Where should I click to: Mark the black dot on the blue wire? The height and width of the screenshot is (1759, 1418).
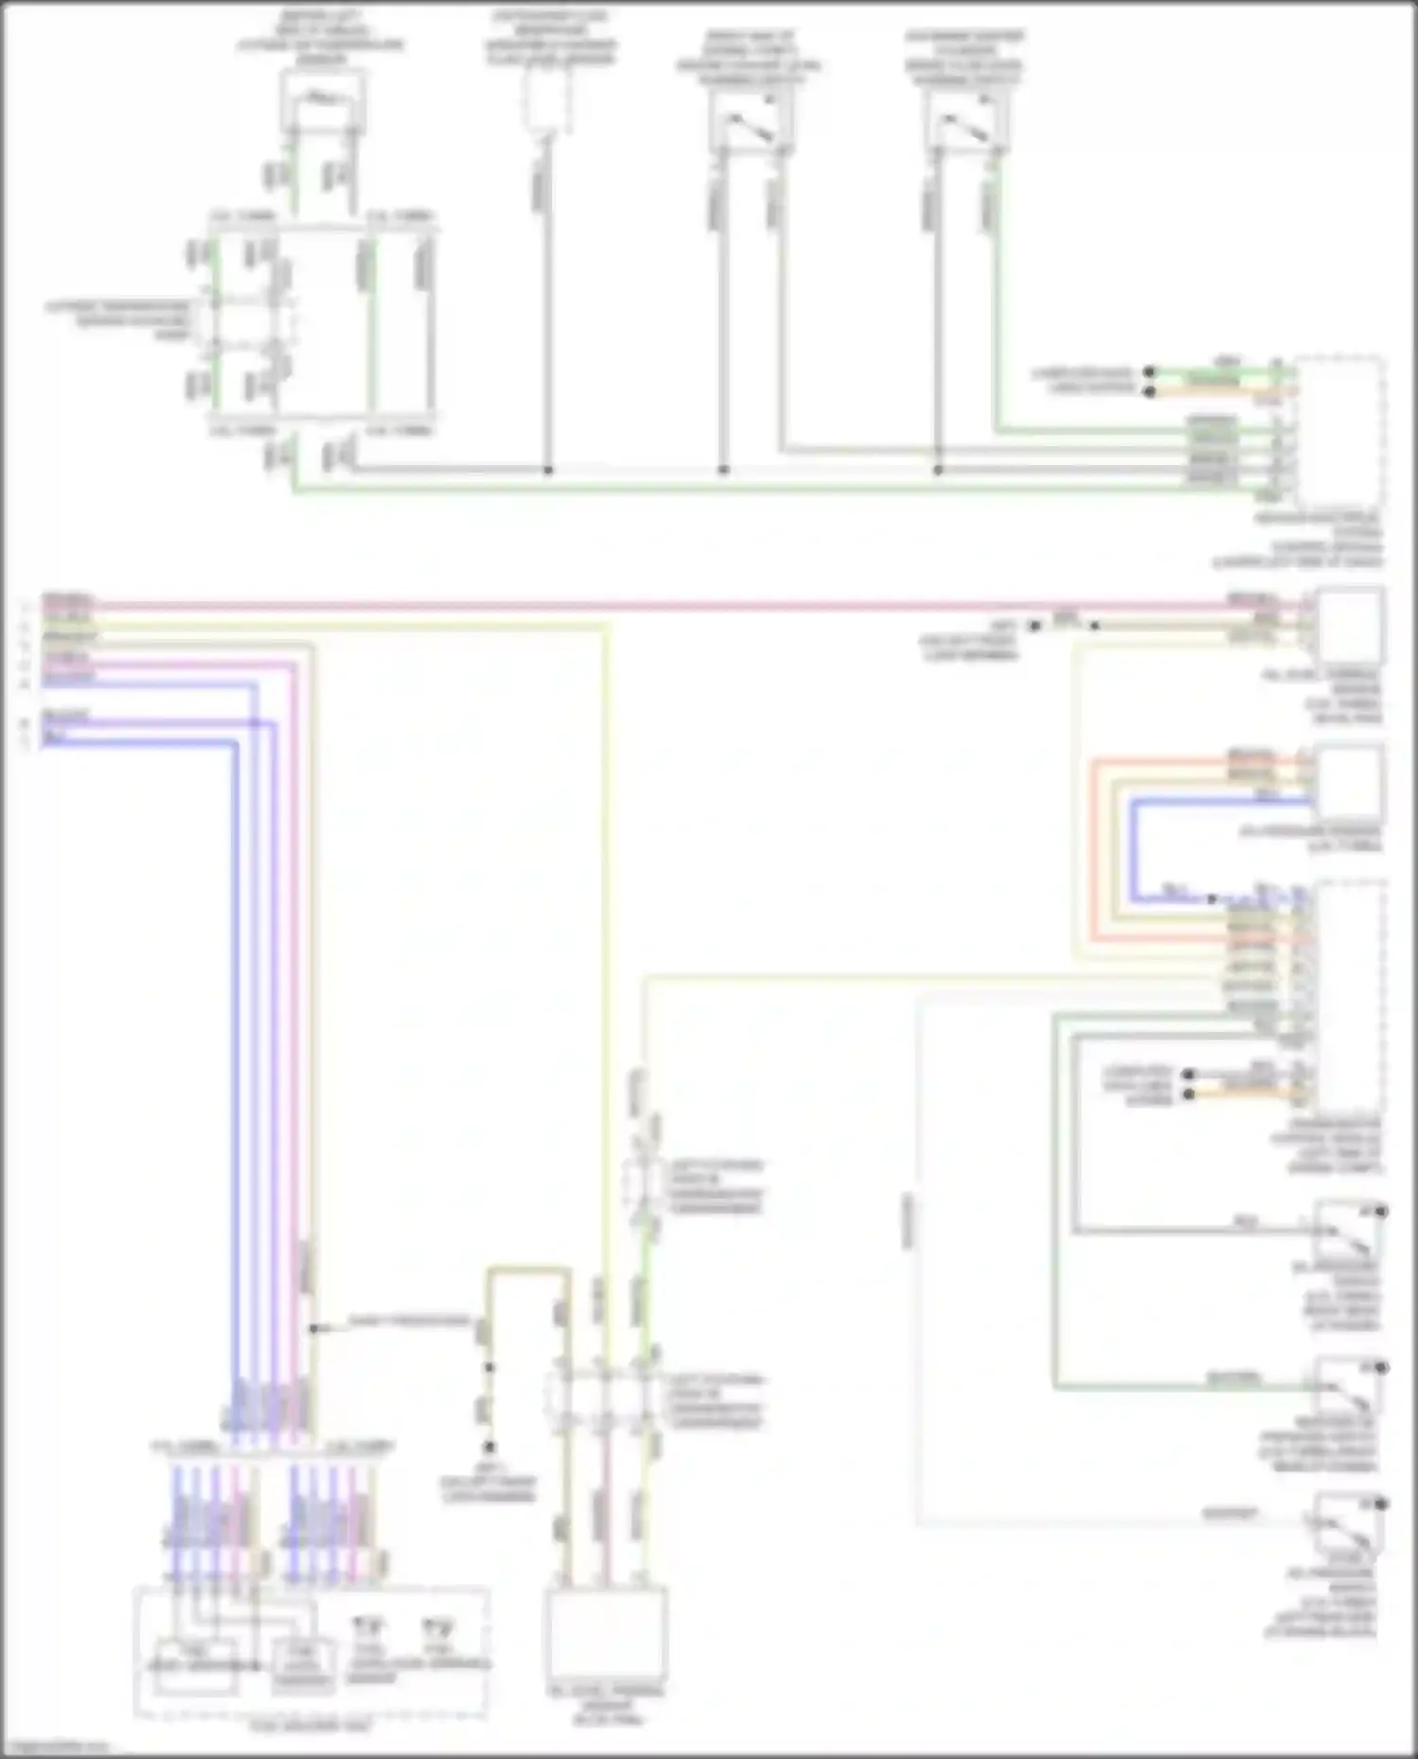(1213, 899)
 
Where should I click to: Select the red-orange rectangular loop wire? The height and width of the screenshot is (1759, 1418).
(1093, 851)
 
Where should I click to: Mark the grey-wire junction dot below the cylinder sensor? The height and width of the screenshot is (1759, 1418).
(547, 470)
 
